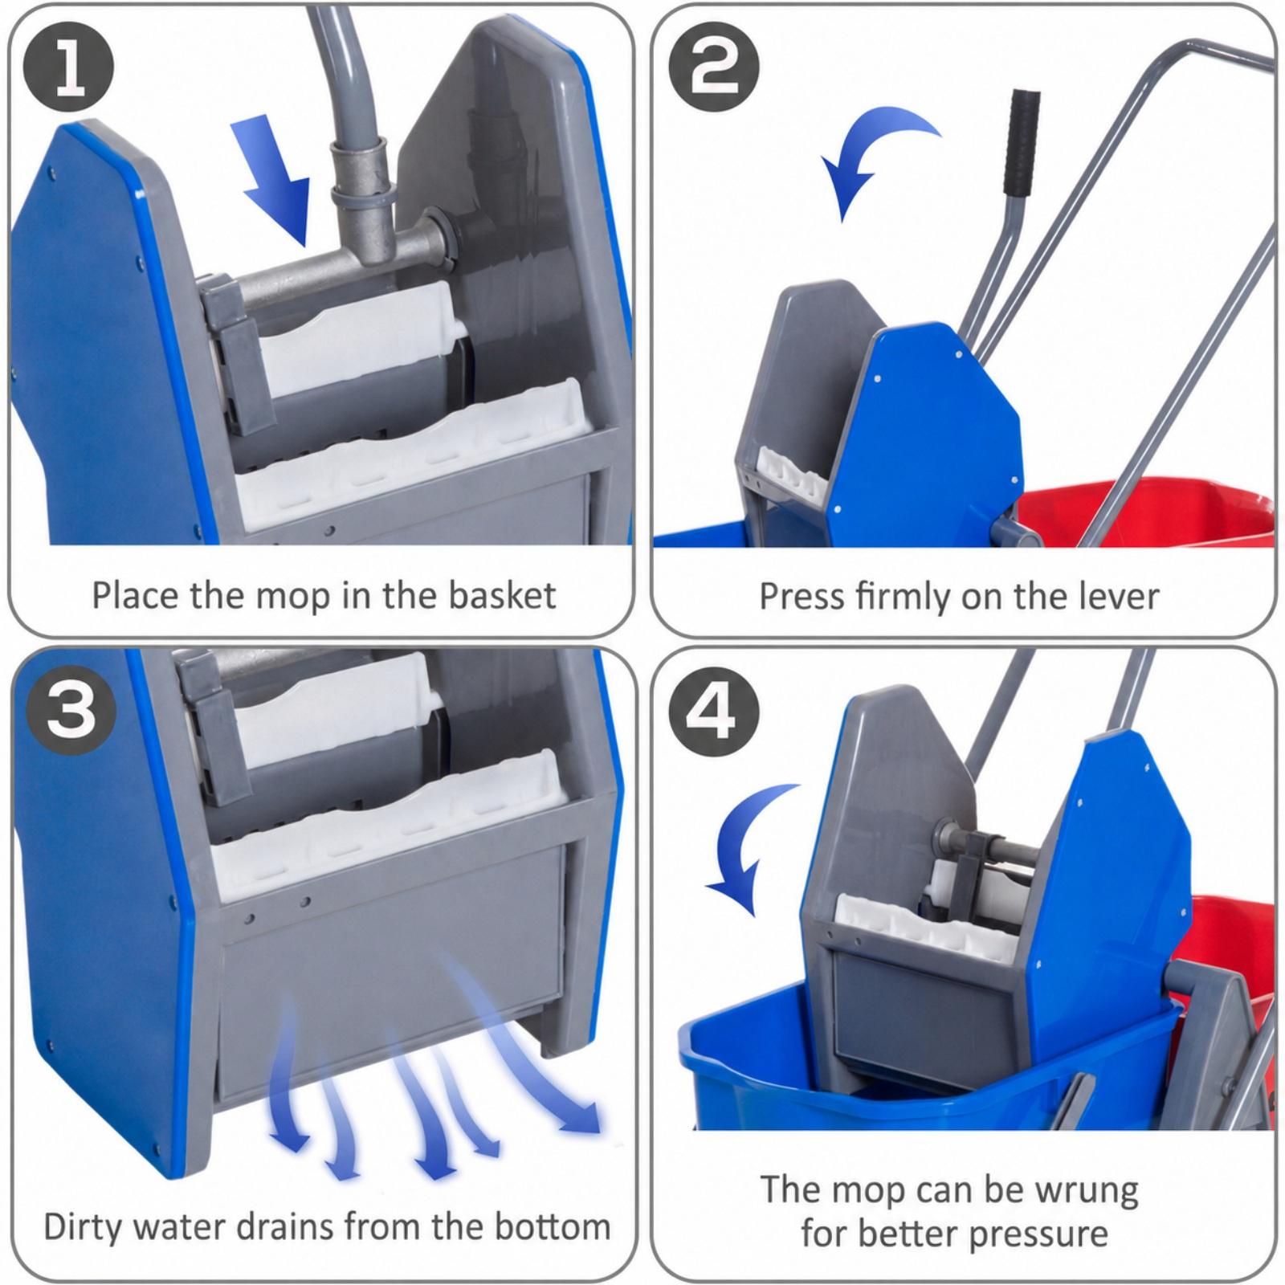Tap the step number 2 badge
click(x=714, y=67)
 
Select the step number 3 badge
click(x=71, y=712)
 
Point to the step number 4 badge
click(x=714, y=712)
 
